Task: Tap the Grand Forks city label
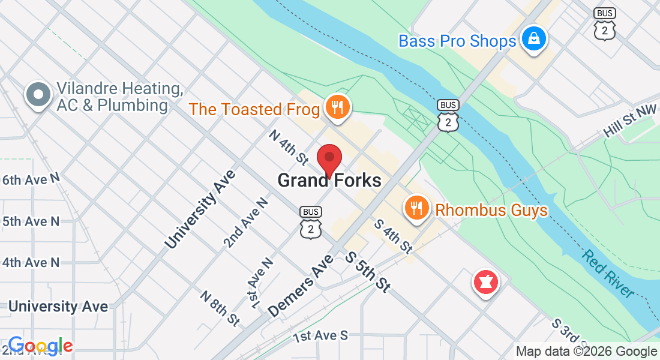[329, 180]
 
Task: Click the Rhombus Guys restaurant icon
[416, 209]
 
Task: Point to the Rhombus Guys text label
[491, 210]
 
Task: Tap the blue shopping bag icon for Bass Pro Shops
[532, 39]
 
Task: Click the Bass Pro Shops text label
[457, 41]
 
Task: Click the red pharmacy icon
[486, 282]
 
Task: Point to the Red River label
[607, 274]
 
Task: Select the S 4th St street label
[394, 235]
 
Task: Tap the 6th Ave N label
[31, 179]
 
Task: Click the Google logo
[40, 346]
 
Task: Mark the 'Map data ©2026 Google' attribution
[586, 352]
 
